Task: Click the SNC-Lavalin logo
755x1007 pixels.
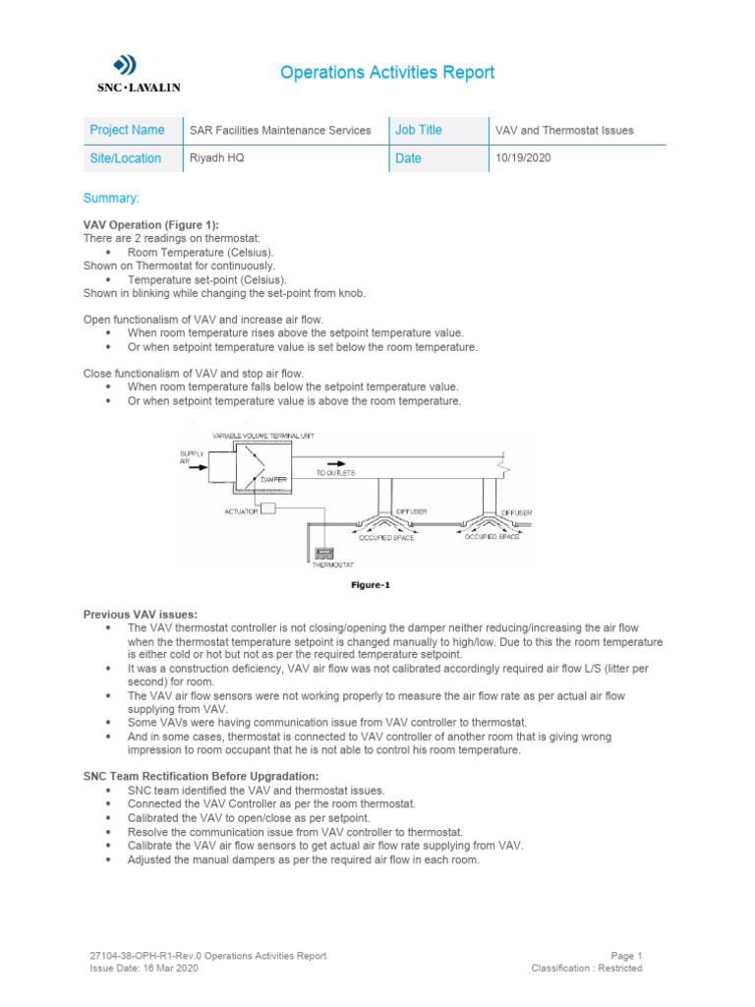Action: (x=124, y=74)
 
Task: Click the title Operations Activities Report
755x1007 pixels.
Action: (x=387, y=73)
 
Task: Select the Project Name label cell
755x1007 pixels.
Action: (x=128, y=130)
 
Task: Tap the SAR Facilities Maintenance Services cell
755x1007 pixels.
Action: (x=280, y=130)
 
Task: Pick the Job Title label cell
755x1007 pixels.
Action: (x=419, y=130)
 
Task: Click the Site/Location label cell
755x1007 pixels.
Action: (x=126, y=158)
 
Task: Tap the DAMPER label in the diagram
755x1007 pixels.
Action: (x=273, y=479)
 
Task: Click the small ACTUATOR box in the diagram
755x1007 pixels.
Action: (x=269, y=509)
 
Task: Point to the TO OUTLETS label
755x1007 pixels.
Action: (x=335, y=473)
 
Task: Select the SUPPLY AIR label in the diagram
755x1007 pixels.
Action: (x=191, y=456)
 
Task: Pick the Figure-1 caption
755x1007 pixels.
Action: (x=372, y=585)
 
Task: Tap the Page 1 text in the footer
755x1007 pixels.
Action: (x=626, y=955)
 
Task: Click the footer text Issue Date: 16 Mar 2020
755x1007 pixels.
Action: (x=145, y=968)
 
